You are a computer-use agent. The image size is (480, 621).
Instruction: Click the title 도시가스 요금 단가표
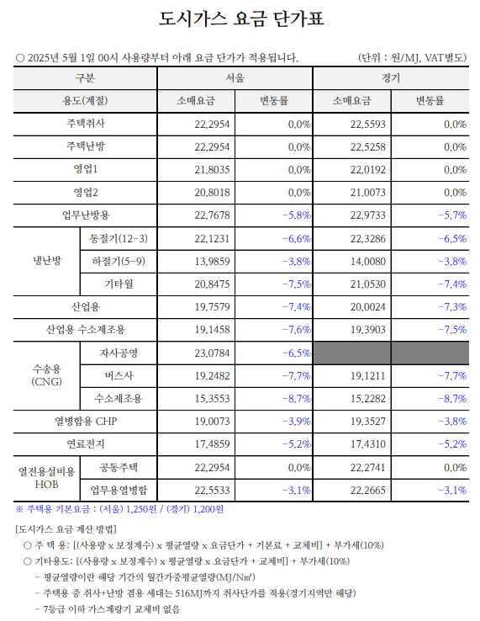pyautogui.click(x=241, y=19)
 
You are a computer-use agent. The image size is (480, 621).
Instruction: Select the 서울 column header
pyautogui.click(x=235, y=77)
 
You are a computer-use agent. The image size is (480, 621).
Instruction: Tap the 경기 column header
pyautogui.click(x=391, y=77)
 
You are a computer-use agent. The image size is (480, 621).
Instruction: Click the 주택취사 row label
pyautogui.click(x=86, y=124)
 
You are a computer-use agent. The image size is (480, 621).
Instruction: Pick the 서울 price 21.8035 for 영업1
pyautogui.click(x=212, y=170)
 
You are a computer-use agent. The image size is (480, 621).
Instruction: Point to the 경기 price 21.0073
pyautogui.click(x=367, y=193)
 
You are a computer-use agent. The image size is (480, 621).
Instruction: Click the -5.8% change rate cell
pyautogui.click(x=297, y=215)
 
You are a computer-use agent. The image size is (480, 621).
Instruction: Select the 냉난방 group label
pyautogui.click(x=47, y=261)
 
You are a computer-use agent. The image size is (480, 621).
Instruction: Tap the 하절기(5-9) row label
pyautogui.click(x=119, y=262)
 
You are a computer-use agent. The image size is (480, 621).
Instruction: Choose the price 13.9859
pyautogui.click(x=212, y=262)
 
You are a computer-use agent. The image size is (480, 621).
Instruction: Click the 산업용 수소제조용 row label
pyautogui.click(x=86, y=330)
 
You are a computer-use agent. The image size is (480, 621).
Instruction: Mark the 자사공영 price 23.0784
pyautogui.click(x=212, y=353)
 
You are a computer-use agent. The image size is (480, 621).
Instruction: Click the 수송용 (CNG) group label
pyautogui.click(x=47, y=375)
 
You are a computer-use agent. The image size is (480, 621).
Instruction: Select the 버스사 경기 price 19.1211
pyautogui.click(x=367, y=376)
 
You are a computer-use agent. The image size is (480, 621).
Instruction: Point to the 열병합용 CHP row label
pyautogui.click(x=86, y=422)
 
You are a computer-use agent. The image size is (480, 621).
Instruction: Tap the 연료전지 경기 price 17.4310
pyautogui.click(x=367, y=444)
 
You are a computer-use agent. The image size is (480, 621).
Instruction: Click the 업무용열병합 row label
pyautogui.click(x=119, y=491)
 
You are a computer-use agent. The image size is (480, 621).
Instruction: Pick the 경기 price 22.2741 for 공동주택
pyautogui.click(x=367, y=468)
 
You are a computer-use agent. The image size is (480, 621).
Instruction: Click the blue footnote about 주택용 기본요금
pyautogui.click(x=119, y=509)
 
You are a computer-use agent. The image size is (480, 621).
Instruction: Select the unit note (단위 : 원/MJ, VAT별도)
pyautogui.click(x=413, y=58)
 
